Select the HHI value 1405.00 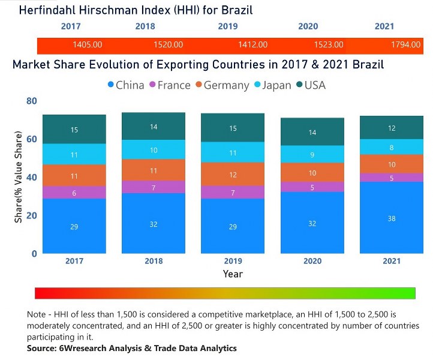tap(88, 45)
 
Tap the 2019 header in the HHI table tap(227, 26)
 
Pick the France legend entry tap(170, 85)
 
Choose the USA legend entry tap(310, 85)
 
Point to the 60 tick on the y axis tap(31, 139)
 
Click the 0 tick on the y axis tap(34, 253)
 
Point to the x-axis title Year tap(233, 274)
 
